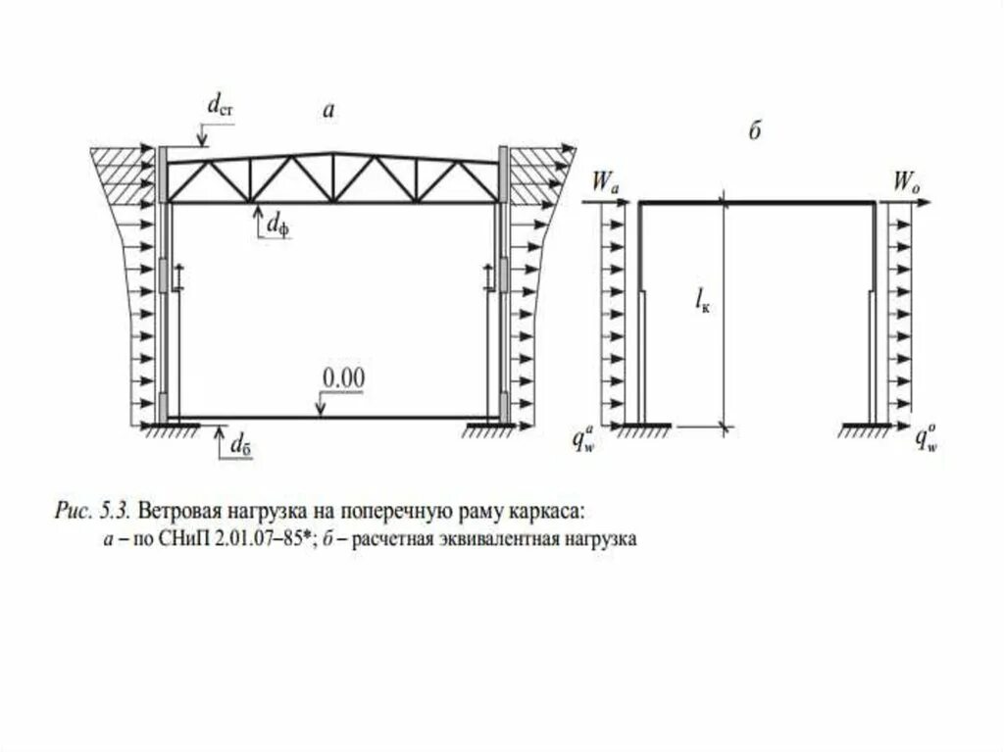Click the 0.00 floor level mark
[344, 376]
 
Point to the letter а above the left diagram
[329, 112]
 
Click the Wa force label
[604, 181]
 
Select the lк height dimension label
[702, 305]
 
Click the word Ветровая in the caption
[173, 511]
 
